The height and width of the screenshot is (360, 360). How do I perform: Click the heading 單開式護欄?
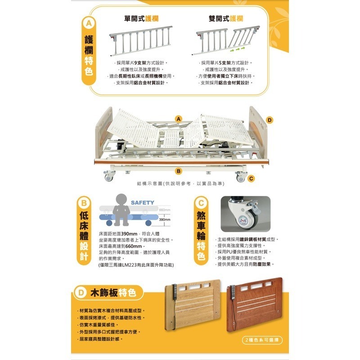coord(139,18)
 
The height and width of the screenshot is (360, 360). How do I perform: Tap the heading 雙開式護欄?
coord(226,18)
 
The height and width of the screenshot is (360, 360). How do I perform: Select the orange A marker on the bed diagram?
coord(179,118)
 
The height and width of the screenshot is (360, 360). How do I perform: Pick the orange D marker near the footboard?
coord(269,120)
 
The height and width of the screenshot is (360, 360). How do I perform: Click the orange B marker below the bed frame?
coord(179,171)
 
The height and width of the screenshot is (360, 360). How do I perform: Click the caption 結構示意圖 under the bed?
coord(180,184)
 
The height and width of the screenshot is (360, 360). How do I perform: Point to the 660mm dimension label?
coord(165,210)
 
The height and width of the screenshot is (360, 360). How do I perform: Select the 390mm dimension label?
coord(165,220)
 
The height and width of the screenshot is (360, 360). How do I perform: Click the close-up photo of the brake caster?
coord(245,214)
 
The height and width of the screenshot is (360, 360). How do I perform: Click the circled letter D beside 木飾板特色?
coord(81,293)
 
